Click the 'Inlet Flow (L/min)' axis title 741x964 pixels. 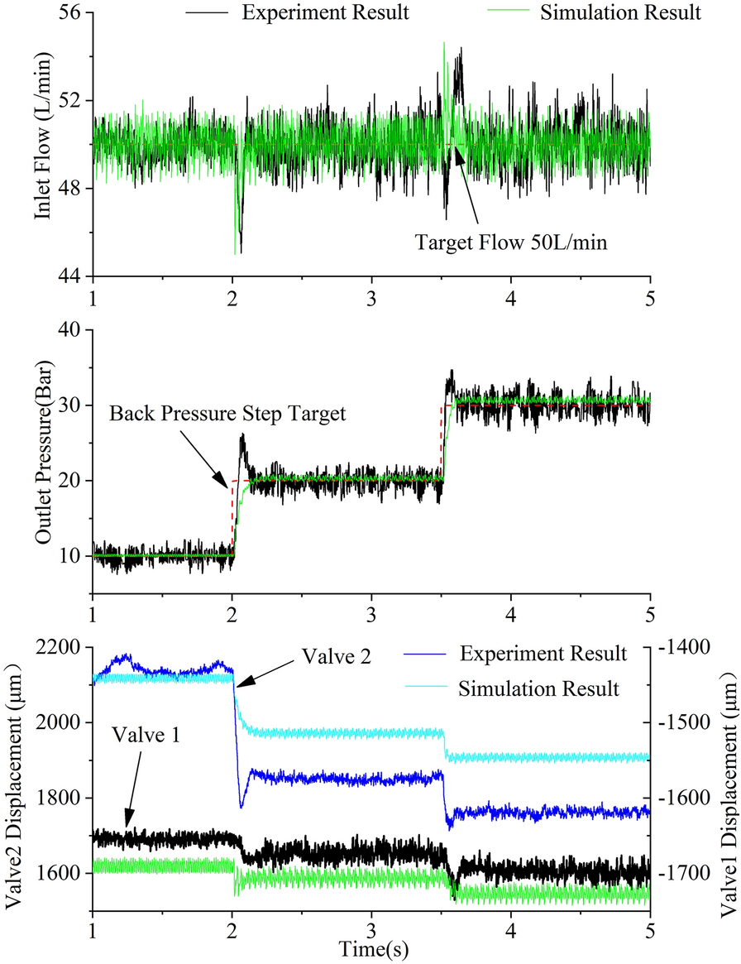(41, 145)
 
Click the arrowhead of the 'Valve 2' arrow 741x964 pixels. (236, 685)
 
